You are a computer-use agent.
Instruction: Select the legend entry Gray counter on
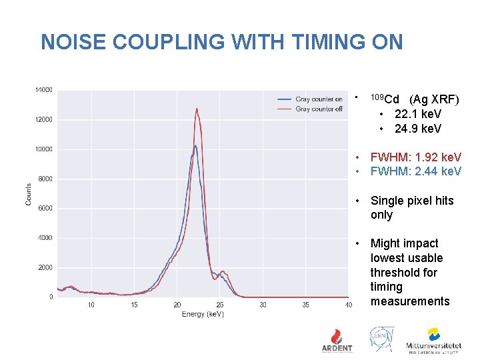tap(319, 99)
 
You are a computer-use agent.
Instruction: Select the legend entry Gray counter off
tap(319, 109)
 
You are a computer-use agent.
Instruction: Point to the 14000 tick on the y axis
tap(44, 90)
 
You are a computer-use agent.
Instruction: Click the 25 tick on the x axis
tap(220, 305)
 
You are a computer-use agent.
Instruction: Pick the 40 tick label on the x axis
tap(349, 305)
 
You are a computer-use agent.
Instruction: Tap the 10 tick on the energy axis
tap(91, 305)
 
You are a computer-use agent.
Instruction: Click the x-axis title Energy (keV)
tap(203, 314)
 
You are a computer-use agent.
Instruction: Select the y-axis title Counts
tap(29, 194)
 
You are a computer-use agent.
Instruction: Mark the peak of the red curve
tap(197, 109)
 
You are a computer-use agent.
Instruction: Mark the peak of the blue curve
tap(195, 145)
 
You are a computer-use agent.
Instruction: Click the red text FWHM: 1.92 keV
tap(415, 157)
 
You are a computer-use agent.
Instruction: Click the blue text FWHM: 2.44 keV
tap(415, 171)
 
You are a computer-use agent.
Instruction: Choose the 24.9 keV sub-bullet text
tap(417, 128)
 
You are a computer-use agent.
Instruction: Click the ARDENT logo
tap(337, 340)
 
